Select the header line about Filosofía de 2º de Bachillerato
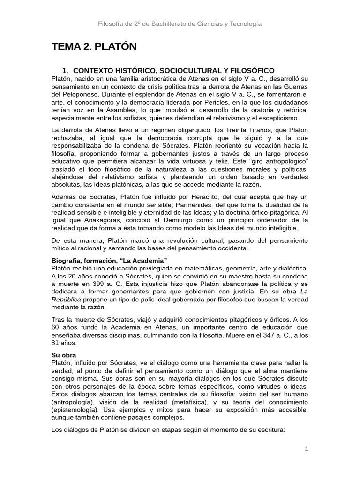180,23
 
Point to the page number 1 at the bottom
307,449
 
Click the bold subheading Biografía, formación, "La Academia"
109,260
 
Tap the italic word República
67,300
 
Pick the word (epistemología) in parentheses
76,409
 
